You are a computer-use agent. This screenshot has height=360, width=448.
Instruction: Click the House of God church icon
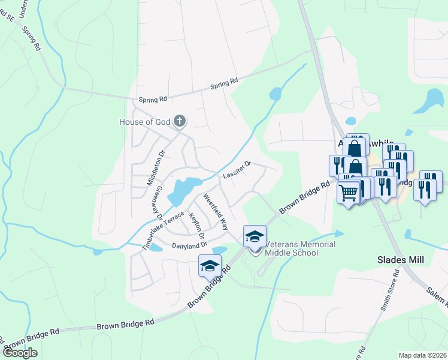click(x=179, y=122)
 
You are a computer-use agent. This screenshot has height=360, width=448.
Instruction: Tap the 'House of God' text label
click(x=144, y=122)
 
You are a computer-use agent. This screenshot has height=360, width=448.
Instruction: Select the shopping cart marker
click(x=349, y=193)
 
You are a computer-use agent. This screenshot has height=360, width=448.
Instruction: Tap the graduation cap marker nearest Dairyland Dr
click(x=210, y=265)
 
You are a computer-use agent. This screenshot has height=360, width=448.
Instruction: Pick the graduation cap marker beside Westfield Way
click(x=255, y=235)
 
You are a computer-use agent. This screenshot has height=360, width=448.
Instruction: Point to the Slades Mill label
click(x=400, y=260)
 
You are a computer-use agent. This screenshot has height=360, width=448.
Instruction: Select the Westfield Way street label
click(x=216, y=212)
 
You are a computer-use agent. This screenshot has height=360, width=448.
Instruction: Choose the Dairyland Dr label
click(x=189, y=245)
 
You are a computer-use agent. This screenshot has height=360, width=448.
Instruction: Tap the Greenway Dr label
click(x=156, y=202)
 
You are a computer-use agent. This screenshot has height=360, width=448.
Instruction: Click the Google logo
click(x=20, y=353)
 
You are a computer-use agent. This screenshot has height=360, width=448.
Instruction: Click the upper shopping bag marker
click(x=355, y=148)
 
